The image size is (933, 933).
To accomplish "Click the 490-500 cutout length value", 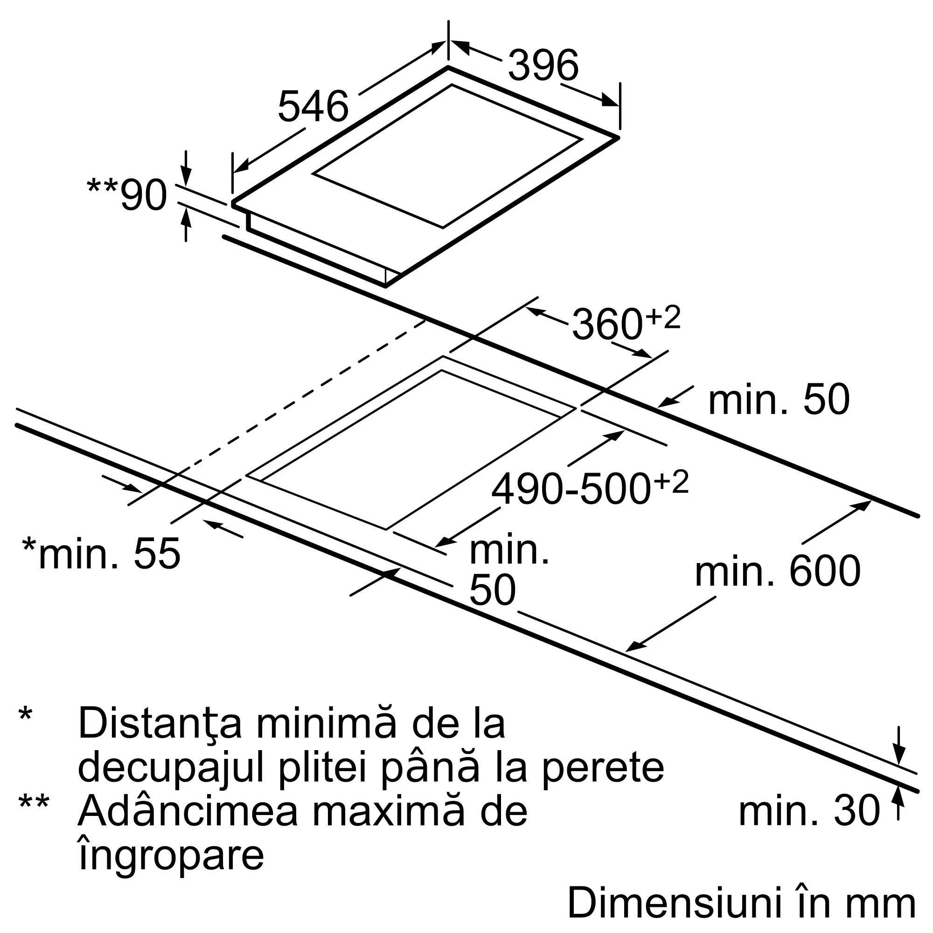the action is (571, 490).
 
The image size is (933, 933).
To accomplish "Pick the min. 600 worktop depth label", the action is (778, 571).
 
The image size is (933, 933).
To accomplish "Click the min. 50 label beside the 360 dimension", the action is (779, 399).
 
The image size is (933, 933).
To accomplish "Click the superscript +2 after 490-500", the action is (670, 482).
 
